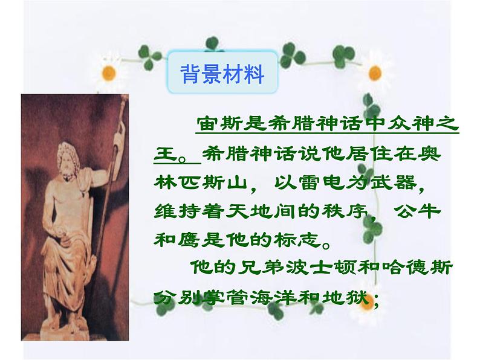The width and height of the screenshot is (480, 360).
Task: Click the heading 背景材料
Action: click(x=222, y=75)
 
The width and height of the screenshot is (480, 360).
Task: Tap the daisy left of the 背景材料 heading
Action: click(x=109, y=72)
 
